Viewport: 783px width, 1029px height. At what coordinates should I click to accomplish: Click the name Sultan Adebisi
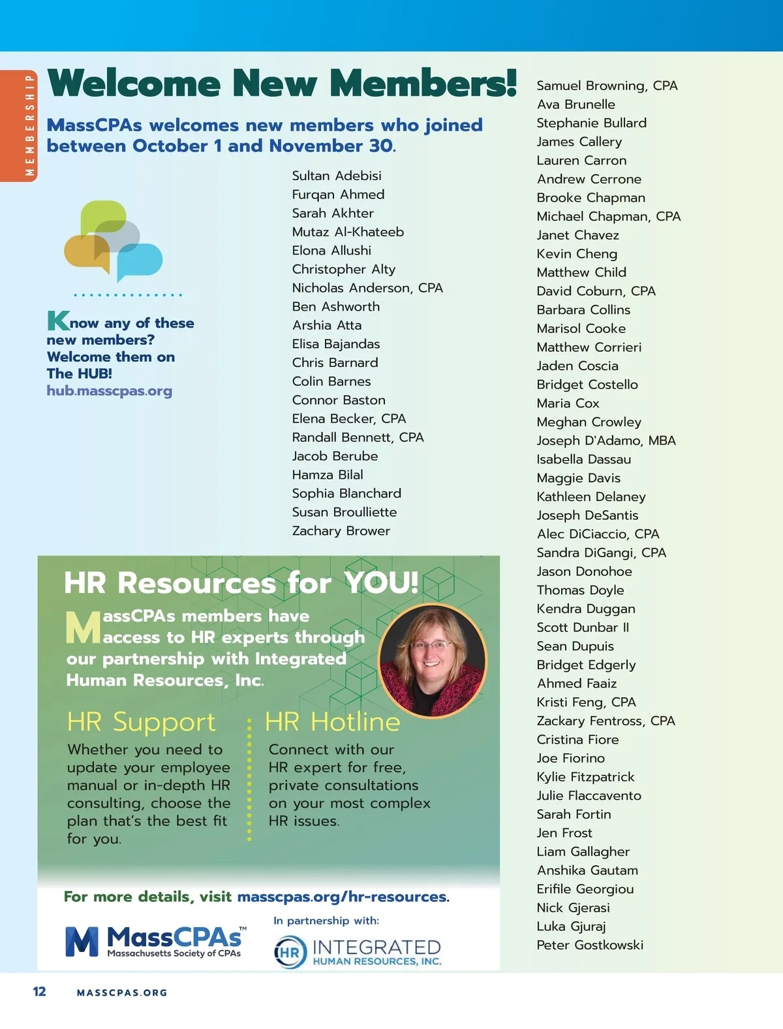(x=337, y=176)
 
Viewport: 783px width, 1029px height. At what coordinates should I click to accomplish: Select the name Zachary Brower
(x=341, y=531)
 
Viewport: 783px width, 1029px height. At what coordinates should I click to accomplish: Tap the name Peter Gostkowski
(x=590, y=945)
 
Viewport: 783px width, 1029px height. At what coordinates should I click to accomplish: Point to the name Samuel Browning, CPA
(x=607, y=86)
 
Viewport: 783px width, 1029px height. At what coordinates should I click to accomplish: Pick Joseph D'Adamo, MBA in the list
(x=606, y=441)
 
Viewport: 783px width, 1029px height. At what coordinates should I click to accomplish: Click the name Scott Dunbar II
(x=583, y=627)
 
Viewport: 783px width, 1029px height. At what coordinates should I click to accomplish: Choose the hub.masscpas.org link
(x=109, y=391)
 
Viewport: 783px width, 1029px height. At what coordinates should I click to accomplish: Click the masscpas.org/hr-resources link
(x=342, y=896)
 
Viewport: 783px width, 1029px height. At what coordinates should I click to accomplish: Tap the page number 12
(x=39, y=992)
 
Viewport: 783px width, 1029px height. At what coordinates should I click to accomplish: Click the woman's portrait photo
(x=432, y=660)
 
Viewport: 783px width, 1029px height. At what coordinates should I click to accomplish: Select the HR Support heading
(x=141, y=722)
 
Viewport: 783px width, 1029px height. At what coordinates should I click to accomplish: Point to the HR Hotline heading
(x=332, y=722)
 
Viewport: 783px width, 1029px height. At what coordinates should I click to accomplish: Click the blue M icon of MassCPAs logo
(x=82, y=942)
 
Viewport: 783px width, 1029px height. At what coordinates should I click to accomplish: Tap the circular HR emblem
(x=290, y=952)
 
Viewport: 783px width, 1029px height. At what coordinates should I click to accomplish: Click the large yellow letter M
(x=83, y=627)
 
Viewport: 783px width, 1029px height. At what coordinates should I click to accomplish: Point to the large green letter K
(x=58, y=321)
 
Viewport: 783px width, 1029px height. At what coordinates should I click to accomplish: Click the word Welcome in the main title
(x=134, y=84)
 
